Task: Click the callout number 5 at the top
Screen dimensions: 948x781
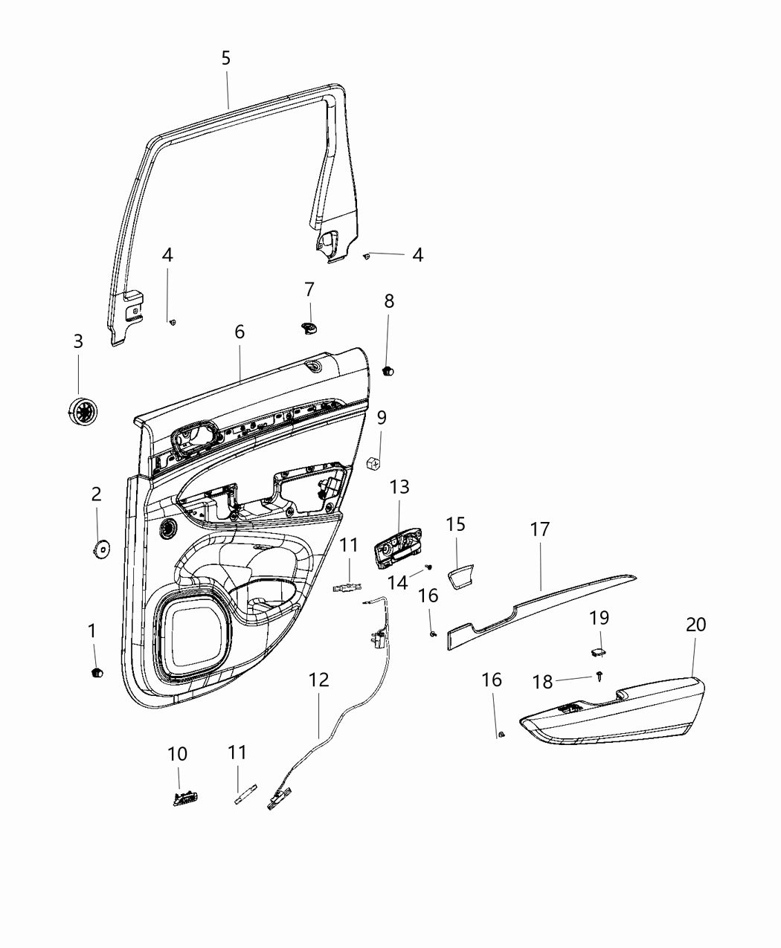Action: coord(226,58)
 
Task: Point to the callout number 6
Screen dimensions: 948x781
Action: coord(240,332)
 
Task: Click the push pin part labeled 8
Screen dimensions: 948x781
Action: coord(388,370)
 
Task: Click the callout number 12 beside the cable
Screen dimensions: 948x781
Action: coord(318,680)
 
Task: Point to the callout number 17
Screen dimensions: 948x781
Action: coord(540,529)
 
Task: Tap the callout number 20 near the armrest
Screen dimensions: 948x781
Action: coord(695,625)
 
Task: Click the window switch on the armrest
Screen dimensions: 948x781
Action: coord(572,709)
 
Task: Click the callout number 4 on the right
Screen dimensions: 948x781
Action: coord(418,255)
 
